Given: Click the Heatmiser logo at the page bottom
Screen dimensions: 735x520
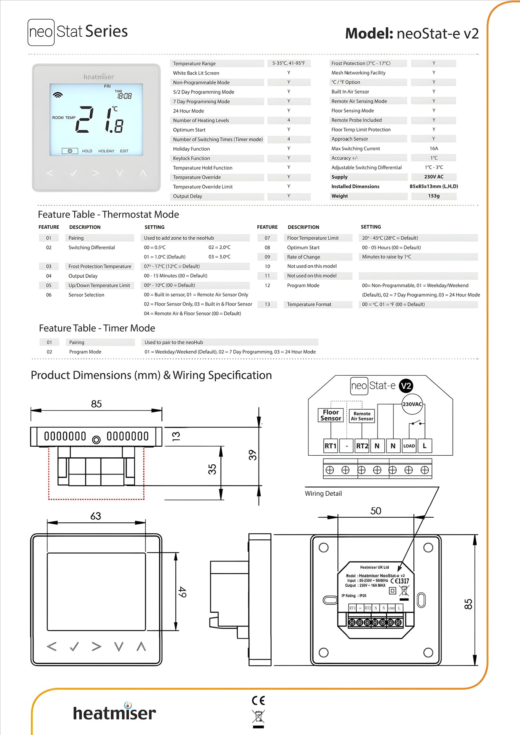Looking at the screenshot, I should (114, 713).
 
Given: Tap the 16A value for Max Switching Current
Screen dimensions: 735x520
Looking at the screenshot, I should (433, 149).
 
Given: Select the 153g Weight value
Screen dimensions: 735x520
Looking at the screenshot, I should (433, 196).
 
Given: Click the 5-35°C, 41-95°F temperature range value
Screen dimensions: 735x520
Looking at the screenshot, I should (288, 63).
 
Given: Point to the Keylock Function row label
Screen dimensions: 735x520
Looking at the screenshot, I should (191, 158).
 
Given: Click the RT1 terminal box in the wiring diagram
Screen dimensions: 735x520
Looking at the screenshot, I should (330, 446).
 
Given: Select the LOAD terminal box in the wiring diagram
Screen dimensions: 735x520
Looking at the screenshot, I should (409, 446).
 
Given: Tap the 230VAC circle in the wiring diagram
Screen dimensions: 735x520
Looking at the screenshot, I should (412, 404).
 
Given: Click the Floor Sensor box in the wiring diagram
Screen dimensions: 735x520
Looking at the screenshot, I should (330, 415).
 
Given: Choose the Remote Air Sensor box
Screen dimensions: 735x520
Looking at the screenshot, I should (362, 416).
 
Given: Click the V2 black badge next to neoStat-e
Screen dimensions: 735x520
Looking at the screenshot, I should (406, 386).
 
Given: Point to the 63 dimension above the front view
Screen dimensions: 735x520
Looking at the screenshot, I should (96, 516).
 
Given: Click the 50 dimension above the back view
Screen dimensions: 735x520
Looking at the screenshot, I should (375, 511).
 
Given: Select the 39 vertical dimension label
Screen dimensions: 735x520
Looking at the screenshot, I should (252, 455).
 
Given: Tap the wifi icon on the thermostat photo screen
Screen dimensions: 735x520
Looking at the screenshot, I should (58, 95).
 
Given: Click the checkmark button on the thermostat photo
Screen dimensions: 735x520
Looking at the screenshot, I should (73, 173).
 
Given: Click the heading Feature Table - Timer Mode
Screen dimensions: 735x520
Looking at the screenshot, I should (97, 328).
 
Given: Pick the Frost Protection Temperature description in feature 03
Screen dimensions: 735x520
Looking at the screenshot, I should (100, 266).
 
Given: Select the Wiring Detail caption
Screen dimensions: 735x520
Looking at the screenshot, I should (323, 494).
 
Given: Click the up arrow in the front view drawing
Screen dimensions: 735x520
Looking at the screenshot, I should (141, 646).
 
